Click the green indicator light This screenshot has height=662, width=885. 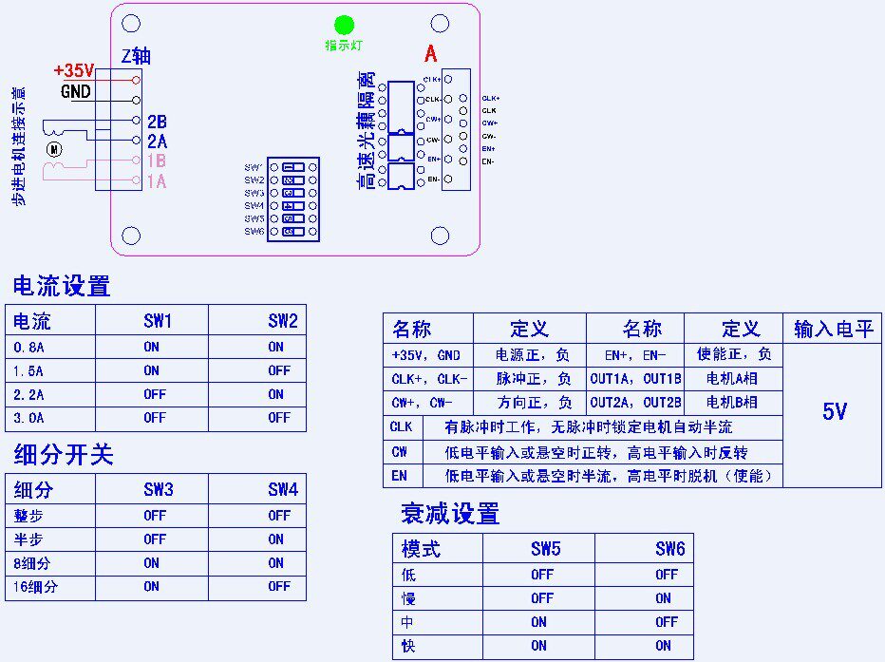pos(344,26)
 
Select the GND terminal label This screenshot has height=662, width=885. pos(76,92)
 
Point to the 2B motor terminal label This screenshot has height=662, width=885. pos(157,122)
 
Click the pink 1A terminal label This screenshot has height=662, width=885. pos(157,181)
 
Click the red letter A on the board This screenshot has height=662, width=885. pos(430,54)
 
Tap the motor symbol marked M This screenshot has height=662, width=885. pos(54,148)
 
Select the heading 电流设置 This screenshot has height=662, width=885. pos(61,286)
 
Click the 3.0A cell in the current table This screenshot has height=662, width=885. pos(28,418)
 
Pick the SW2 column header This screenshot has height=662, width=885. pos(283,321)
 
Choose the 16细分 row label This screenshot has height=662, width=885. pos(37,587)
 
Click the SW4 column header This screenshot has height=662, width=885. pos(283,490)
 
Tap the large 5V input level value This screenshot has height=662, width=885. pos(834,411)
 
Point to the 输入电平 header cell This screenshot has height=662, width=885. pos(833,330)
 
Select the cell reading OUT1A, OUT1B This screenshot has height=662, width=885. pos(635,378)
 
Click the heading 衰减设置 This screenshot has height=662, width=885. pos(449,515)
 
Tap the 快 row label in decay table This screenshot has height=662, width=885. pos(409,646)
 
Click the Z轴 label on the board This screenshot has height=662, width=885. pos(137,55)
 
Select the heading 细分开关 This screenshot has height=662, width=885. pos(63,455)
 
